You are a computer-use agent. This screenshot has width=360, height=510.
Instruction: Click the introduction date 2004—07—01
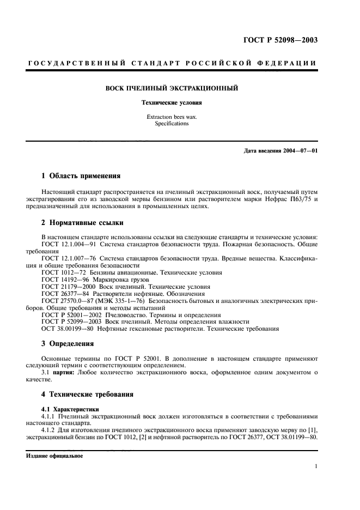[x=296, y=150]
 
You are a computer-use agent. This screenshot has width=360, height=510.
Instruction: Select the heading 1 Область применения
[x=81, y=176]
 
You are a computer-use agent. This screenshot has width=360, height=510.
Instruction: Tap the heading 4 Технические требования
[x=88, y=393]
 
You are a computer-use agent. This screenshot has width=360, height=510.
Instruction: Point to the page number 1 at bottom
[x=316, y=466]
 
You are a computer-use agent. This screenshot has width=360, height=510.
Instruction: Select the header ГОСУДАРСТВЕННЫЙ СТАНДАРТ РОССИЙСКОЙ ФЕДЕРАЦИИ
[x=172, y=64]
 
